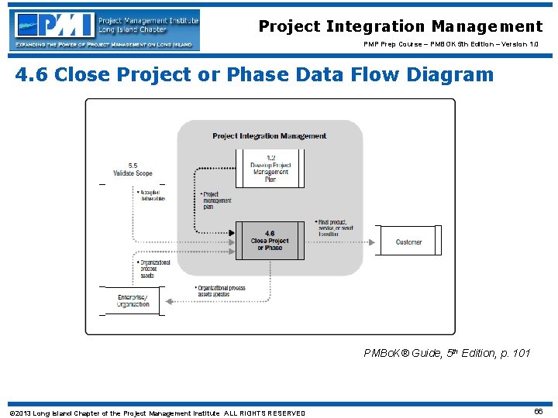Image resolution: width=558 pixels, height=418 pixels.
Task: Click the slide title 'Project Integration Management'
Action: click(400, 27)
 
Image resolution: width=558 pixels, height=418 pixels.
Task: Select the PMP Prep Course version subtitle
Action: click(451, 45)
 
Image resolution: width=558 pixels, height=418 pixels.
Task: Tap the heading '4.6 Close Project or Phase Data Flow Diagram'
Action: click(254, 75)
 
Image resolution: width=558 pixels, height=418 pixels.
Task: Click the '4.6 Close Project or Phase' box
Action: click(269, 241)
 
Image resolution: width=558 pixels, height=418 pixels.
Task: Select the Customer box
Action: click(408, 242)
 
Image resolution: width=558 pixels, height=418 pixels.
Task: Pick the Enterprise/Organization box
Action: click(133, 300)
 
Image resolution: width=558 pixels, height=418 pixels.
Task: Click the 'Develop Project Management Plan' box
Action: click(269, 167)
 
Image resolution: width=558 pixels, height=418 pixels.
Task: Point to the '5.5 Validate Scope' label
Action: click(133, 170)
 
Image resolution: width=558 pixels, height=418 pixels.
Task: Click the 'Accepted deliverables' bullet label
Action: click(150, 196)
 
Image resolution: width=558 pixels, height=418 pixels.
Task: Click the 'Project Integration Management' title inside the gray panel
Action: click(269, 136)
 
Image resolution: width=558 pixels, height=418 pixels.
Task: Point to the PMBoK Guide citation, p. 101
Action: click(447, 353)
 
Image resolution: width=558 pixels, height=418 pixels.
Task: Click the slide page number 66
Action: click(538, 412)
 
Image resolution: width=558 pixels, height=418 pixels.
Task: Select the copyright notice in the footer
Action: click(157, 413)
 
